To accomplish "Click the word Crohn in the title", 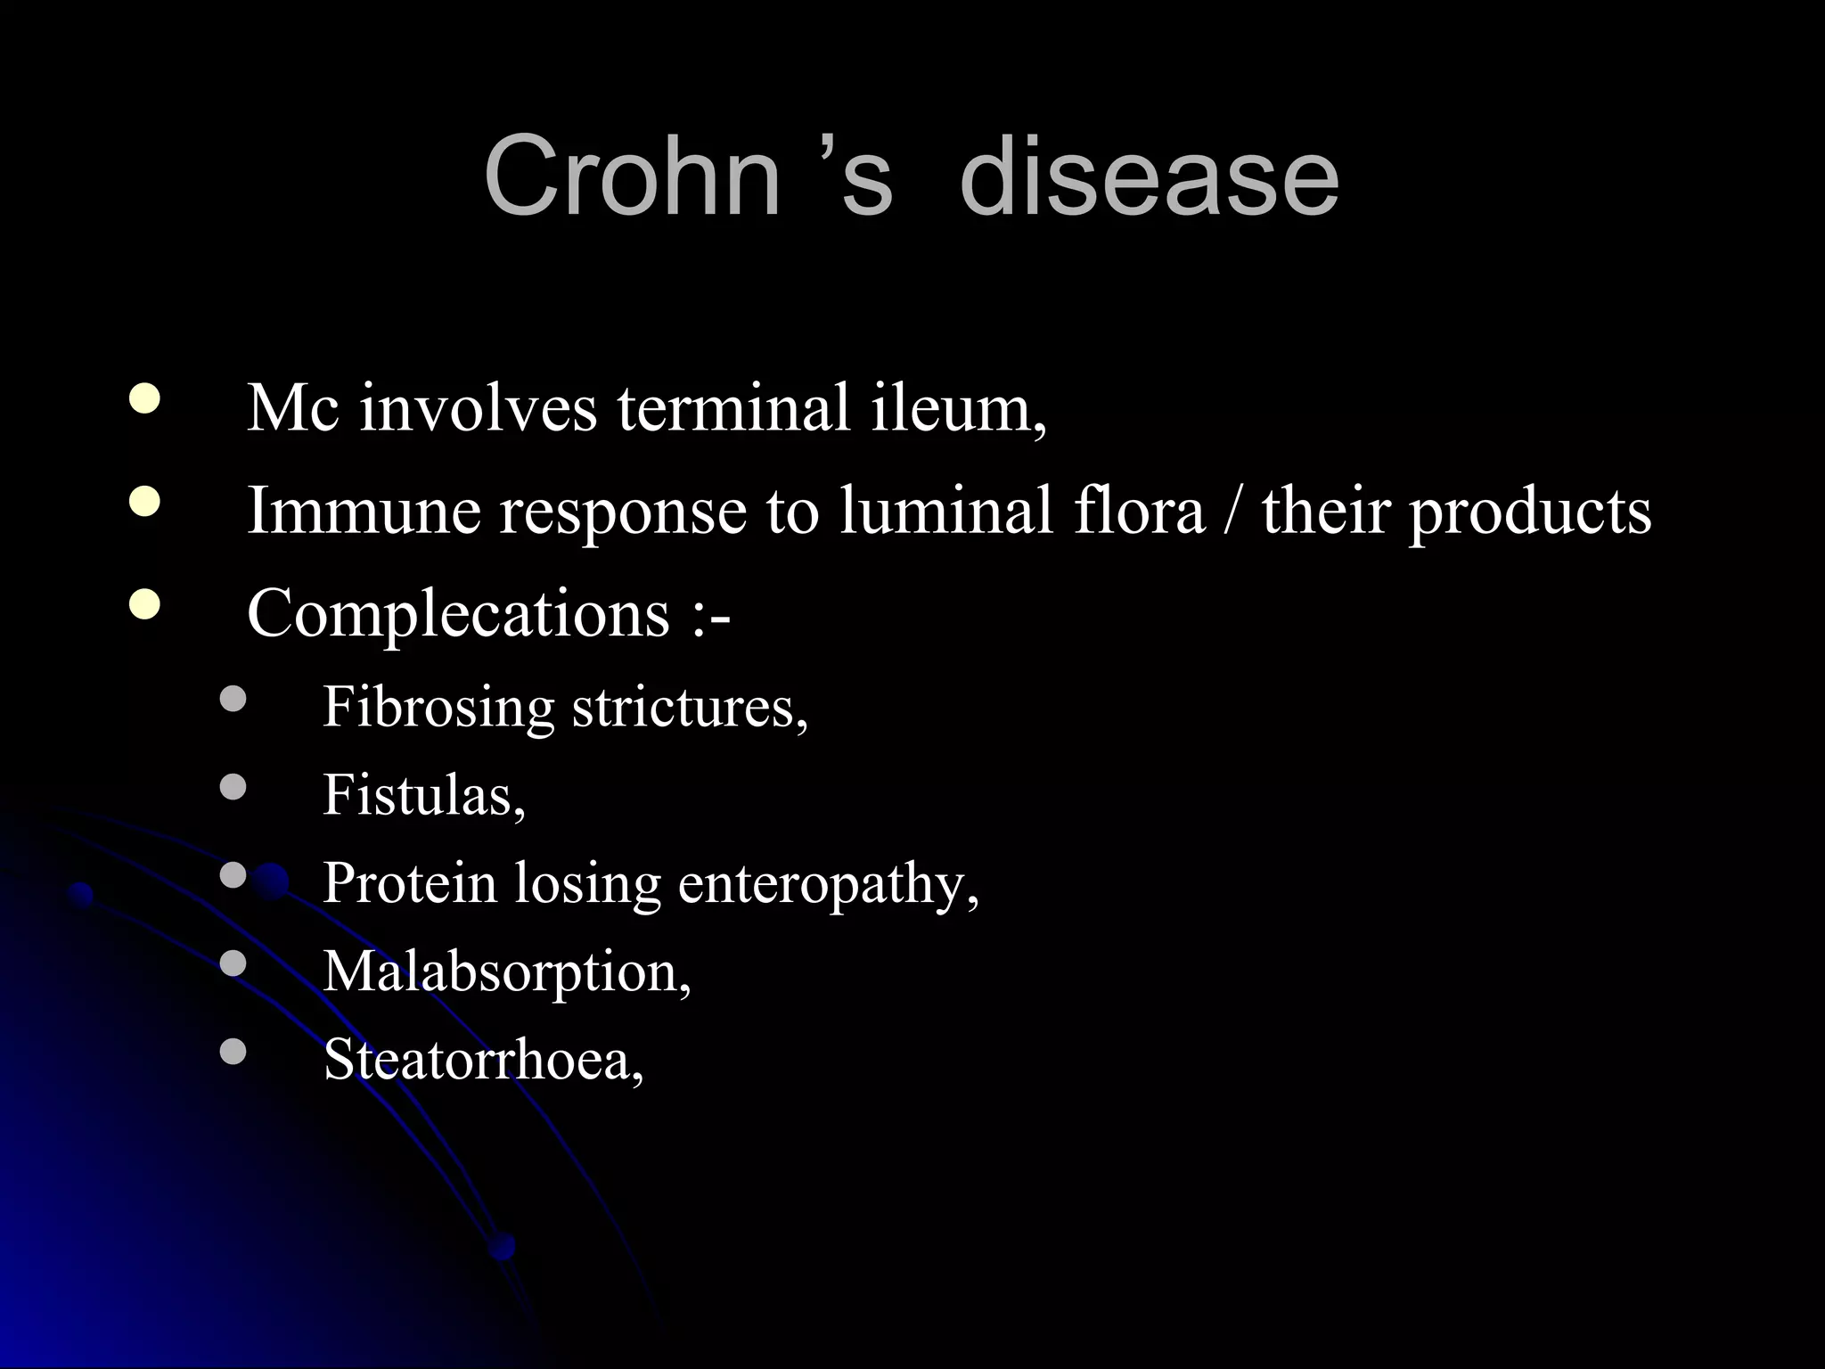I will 633,175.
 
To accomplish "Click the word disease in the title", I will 1149,175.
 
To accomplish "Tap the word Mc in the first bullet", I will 293,408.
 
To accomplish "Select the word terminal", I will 733,408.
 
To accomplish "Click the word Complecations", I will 458,615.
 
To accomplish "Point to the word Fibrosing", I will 438,708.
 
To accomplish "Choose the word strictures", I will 690,708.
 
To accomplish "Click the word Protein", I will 409,883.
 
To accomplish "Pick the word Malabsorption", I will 506,971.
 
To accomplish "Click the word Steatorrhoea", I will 483,1060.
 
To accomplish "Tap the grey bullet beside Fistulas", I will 233,787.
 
